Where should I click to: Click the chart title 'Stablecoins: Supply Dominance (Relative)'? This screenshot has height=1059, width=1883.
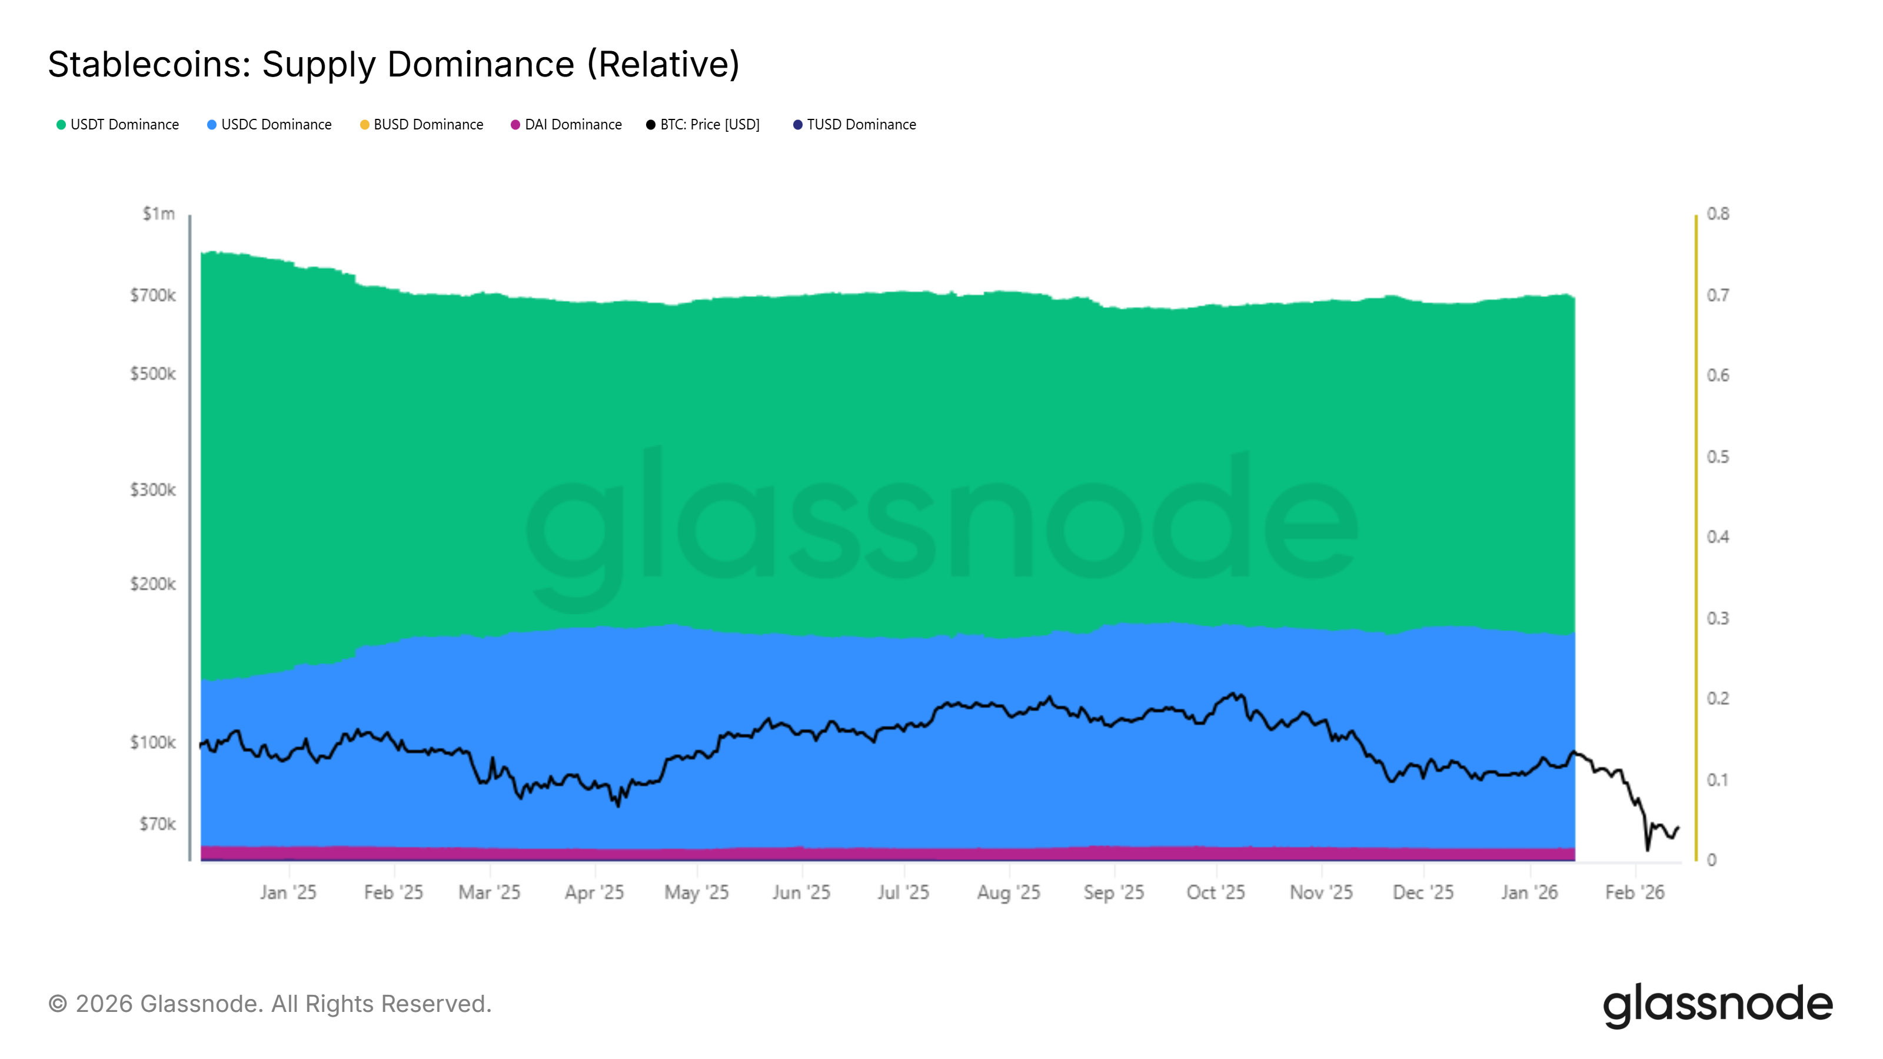[393, 64]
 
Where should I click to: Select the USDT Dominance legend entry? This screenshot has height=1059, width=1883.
[118, 125]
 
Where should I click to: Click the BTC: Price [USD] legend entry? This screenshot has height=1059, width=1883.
[703, 125]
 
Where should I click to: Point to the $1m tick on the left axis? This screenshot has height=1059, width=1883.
[159, 214]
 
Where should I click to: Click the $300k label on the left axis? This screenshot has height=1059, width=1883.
[153, 489]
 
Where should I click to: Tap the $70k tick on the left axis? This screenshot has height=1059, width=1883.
[157, 824]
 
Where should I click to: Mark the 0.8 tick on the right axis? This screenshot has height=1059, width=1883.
[1718, 214]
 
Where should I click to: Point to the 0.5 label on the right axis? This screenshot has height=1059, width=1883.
[1718, 457]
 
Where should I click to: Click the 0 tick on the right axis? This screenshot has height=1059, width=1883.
[1712, 860]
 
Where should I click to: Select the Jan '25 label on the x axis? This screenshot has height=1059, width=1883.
[288, 893]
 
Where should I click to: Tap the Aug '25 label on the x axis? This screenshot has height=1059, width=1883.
[1008, 893]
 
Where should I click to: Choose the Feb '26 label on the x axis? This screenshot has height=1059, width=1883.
[1635, 893]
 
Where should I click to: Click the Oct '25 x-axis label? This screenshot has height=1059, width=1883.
[1216, 893]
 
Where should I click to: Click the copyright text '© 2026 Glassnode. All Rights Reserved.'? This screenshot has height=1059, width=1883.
[270, 1004]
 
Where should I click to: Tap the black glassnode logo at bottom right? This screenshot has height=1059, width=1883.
[1718, 1004]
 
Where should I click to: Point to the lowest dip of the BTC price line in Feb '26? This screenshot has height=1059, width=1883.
[1648, 849]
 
